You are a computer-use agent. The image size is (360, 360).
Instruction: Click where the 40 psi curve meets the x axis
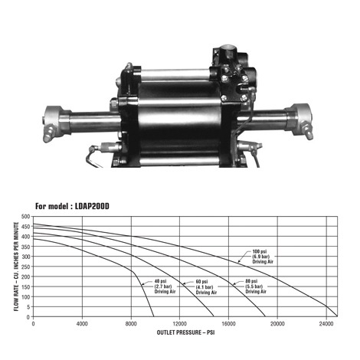click(154, 316)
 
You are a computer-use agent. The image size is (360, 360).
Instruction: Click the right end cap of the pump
click(296, 121)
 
